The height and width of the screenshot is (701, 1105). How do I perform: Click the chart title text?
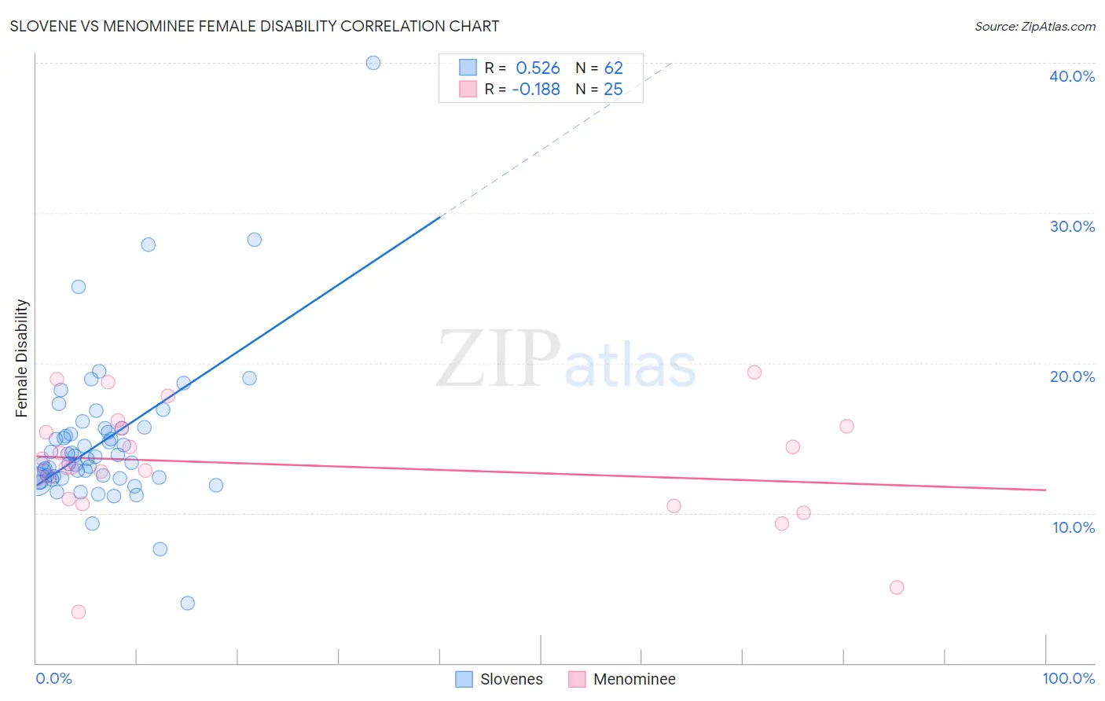pyautogui.click(x=255, y=27)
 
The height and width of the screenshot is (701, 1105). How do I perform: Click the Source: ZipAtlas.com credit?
pyautogui.click(x=1034, y=27)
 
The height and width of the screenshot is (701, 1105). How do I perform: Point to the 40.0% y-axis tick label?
pyautogui.click(x=1071, y=76)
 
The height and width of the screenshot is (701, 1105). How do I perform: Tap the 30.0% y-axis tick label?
pyautogui.click(x=1071, y=226)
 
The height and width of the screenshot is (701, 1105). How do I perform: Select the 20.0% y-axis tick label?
pyautogui.click(x=1071, y=376)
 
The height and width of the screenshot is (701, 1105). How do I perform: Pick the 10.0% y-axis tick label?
pyautogui.click(x=1073, y=527)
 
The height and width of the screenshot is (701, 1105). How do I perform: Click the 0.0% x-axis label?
pyautogui.click(x=53, y=678)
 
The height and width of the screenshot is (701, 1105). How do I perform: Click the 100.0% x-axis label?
pyautogui.click(x=1068, y=678)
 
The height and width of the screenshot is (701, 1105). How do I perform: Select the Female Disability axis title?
pyautogui.click(x=22, y=358)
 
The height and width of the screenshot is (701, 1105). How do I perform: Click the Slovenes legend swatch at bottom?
pyautogui.click(x=464, y=679)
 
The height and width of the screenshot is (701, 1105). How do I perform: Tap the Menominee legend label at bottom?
pyautogui.click(x=634, y=679)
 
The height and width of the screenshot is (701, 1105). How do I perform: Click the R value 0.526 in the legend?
pyautogui.click(x=538, y=68)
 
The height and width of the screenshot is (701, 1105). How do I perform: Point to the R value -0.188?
pyautogui.click(x=536, y=90)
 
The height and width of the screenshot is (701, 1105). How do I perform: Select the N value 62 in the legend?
pyautogui.click(x=613, y=68)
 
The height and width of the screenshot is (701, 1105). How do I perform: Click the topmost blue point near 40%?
pyautogui.click(x=373, y=63)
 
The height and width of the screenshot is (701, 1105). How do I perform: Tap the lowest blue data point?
pyautogui.click(x=187, y=603)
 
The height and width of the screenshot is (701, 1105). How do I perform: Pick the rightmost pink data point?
pyautogui.click(x=897, y=587)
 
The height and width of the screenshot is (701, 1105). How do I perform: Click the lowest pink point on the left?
pyautogui.click(x=79, y=611)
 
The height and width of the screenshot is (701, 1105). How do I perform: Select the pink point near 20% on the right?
pyautogui.click(x=754, y=373)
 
